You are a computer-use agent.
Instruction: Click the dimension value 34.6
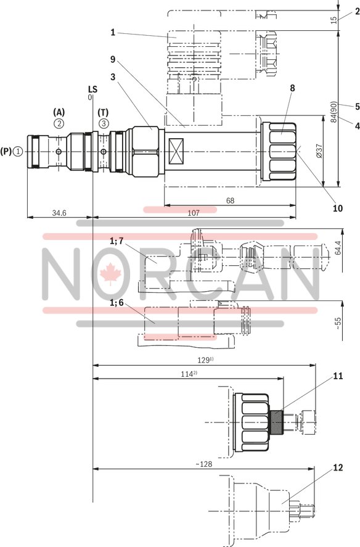click(x=59, y=213)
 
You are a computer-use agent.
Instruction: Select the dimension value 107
click(x=193, y=213)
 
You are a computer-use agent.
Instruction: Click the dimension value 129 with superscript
click(x=205, y=360)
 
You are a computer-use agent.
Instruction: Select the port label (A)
click(x=59, y=112)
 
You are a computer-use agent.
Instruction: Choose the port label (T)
click(x=103, y=112)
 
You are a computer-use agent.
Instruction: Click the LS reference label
click(x=92, y=89)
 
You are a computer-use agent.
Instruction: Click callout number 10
click(x=338, y=208)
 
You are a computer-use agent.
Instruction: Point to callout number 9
click(x=113, y=60)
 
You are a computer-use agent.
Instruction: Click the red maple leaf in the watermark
click(x=109, y=274)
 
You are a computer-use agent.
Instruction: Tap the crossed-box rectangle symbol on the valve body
click(x=178, y=151)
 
